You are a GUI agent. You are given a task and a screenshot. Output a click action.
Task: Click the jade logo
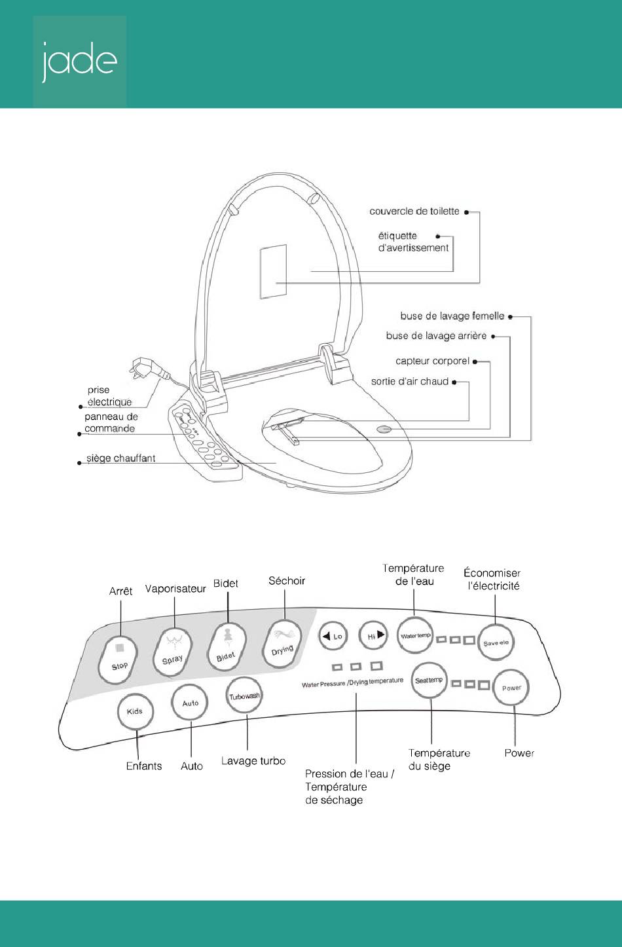point(79,62)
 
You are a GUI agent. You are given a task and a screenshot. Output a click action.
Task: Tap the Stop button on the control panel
point(118,660)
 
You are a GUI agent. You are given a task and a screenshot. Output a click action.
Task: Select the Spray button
point(172,653)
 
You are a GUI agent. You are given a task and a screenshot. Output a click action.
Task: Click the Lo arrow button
point(333,636)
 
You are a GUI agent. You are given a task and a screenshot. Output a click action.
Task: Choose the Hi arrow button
point(373,635)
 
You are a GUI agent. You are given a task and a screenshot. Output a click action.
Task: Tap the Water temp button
point(415,635)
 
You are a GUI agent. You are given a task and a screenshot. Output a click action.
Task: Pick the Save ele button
point(496,642)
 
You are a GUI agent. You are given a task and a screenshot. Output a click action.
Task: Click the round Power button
point(511,688)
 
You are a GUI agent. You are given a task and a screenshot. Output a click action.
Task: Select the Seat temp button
point(430,680)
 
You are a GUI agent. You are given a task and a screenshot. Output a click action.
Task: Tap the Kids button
point(136,711)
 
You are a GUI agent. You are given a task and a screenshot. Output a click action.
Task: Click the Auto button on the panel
point(190,703)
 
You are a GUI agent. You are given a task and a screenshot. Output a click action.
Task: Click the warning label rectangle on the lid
point(273,271)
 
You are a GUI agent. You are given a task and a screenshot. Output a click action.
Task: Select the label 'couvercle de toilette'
point(414,212)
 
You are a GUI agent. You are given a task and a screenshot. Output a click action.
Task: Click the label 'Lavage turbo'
point(253,761)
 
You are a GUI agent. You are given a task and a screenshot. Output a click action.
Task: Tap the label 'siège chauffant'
point(121,458)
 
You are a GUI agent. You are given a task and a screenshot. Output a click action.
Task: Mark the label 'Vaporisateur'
point(175,589)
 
